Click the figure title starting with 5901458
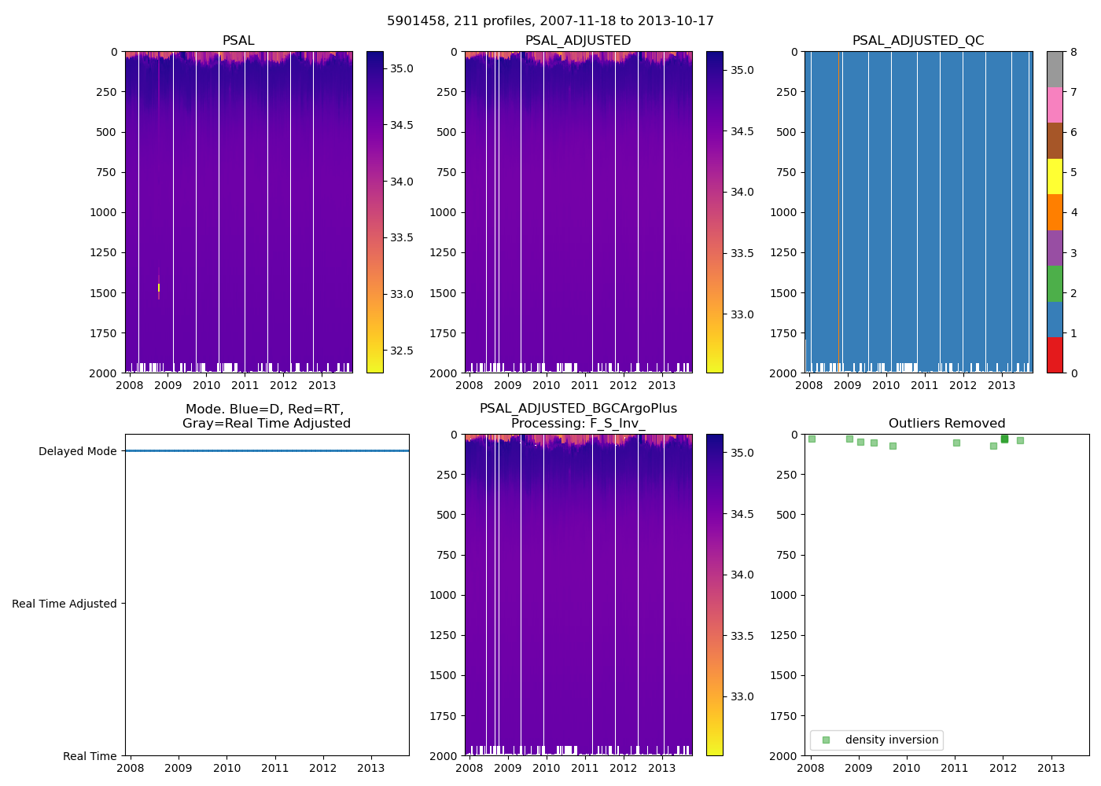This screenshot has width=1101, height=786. (x=550, y=21)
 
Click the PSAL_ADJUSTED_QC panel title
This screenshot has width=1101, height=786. (x=918, y=41)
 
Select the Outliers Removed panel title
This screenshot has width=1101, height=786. (x=946, y=424)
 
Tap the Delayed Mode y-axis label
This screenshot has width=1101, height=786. (x=77, y=451)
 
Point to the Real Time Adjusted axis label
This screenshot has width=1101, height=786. (x=64, y=604)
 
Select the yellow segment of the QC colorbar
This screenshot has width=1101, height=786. (x=1055, y=176)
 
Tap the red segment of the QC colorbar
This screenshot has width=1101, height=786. (x=1055, y=354)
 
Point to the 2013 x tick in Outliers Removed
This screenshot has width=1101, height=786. (x=1051, y=768)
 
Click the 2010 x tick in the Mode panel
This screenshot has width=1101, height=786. (x=226, y=768)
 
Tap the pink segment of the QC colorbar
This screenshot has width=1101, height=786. (x=1055, y=105)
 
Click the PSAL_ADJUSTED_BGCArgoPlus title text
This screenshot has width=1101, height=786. (x=578, y=409)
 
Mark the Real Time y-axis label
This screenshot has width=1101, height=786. (x=90, y=756)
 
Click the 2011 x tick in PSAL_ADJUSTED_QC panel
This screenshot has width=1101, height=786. (x=924, y=385)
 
